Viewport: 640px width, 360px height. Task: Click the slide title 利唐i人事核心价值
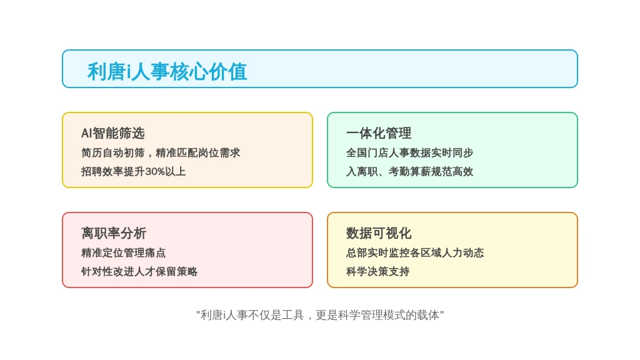tap(167, 72)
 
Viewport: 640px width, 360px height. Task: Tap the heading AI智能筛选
tap(113, 133)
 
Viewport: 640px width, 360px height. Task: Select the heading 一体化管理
tap(379, 133)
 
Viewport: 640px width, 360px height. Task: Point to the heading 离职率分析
tap(114, 233)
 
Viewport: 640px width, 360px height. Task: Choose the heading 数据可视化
tap(379, 233)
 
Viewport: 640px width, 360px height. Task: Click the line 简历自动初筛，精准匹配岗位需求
tap(161, 152)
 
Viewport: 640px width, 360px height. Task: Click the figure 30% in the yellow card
tap(155, 171)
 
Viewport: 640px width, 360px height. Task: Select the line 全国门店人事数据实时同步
tap(410, 152)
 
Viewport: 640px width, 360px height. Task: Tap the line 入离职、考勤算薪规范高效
tap(410, 171)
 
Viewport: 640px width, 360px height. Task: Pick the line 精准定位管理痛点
tap(124, 252)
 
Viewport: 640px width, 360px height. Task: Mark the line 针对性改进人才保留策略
tap(139, 271)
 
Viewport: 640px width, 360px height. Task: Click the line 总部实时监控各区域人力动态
tap(415, 252)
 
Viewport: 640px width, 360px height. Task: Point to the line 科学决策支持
tap(378, 271)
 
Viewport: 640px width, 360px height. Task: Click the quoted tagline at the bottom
tap(320, 315)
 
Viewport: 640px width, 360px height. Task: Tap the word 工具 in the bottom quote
tap(293, 315)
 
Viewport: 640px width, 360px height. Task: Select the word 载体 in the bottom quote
tap(428, 315)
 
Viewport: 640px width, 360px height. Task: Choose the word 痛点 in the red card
tap(156, 252)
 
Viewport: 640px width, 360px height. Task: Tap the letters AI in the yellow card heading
tap(86, 133)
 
